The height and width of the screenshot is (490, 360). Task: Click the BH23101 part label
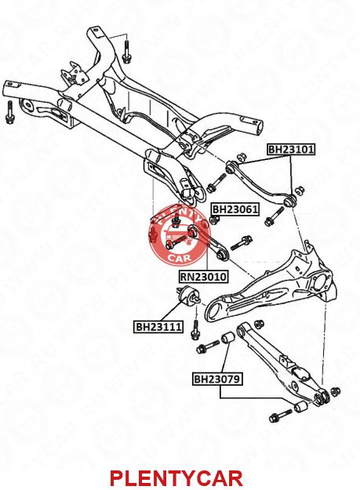coord(291,150)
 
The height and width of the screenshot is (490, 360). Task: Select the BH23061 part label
coord(235,209)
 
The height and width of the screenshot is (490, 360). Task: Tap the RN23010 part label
coord(203,277)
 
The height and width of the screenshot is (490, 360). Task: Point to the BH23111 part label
coord(158,327)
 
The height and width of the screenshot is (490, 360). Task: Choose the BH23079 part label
coord(217,379)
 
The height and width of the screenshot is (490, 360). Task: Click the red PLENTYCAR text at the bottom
coord(176,477)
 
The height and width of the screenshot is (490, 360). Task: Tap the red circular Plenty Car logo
coord(180,234)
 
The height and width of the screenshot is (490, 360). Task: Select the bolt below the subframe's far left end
coord(9,112)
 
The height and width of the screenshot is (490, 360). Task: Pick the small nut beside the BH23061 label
coord(214,220)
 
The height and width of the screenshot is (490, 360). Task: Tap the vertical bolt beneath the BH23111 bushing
coord(195,331)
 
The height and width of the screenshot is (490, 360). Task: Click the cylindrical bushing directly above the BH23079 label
coord(227,338)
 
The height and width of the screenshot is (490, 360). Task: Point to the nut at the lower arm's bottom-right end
coord(336,391)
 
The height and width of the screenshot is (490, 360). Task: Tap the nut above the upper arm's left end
coord(241,157)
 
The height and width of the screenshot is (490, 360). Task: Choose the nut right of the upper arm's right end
coord(300,190)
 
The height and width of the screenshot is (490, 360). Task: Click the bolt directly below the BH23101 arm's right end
coord(274,217)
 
